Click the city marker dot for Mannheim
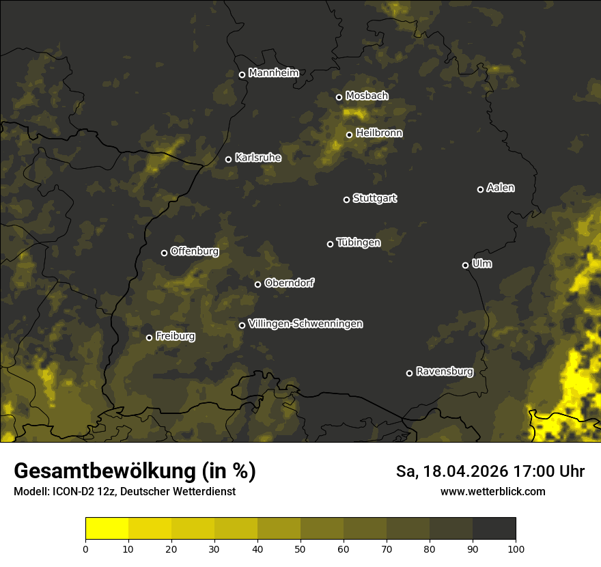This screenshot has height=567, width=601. (x=242, y=75)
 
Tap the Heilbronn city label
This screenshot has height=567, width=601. (x=379, y=133)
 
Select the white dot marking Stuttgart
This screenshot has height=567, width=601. (x=346, y=199)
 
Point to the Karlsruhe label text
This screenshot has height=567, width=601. (x=257, y=158)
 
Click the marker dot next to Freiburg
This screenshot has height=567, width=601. (x=149, y=337)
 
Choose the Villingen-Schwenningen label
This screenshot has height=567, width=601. (x=305, y=324)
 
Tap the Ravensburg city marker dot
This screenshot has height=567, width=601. (x=409, y=373)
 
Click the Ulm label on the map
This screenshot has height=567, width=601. (x=481, y=264)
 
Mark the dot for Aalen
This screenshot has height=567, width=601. (x=480, y=189)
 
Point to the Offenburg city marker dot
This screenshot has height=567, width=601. (x=164, y=253)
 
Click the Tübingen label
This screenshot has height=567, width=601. (x=359, y=243)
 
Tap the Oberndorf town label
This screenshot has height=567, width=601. (x=289, y=283)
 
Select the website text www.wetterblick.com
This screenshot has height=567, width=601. (x=492, y=491)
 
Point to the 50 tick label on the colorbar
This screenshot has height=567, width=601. (x=300, y=548)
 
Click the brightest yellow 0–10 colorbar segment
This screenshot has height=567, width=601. (x=107, y=529)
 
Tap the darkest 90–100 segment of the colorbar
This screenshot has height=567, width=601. (x=494, y=529)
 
